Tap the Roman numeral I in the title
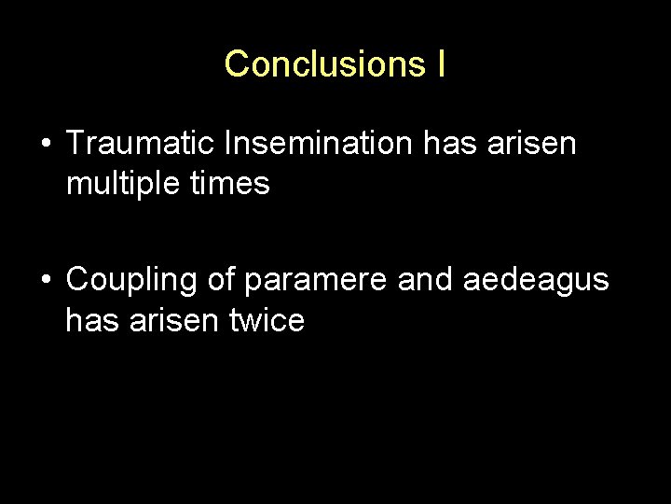point(439,63)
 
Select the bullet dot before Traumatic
point(45,145)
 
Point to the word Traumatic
point(142,144)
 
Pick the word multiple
point(121,184)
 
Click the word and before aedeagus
point(424,279)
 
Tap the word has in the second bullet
point(90,320)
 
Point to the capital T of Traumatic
point(76,144)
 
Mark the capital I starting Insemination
point(229,144)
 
